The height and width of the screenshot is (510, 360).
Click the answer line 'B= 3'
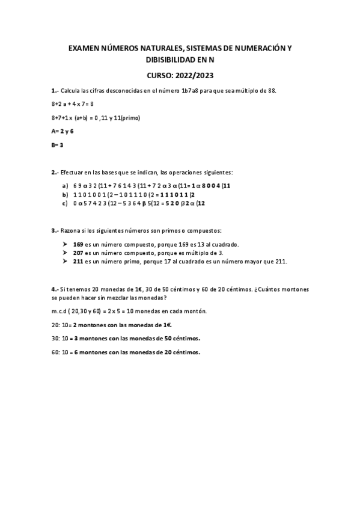[x=58, y=145]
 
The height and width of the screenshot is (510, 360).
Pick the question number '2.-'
[x=55, y=172]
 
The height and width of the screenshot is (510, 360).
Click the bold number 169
[x=78, y=244]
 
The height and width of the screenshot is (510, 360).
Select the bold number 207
[x=78, y=253]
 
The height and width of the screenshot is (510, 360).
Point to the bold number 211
[x=78, y=262]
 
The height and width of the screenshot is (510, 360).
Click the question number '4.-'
[x=55, y=289]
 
